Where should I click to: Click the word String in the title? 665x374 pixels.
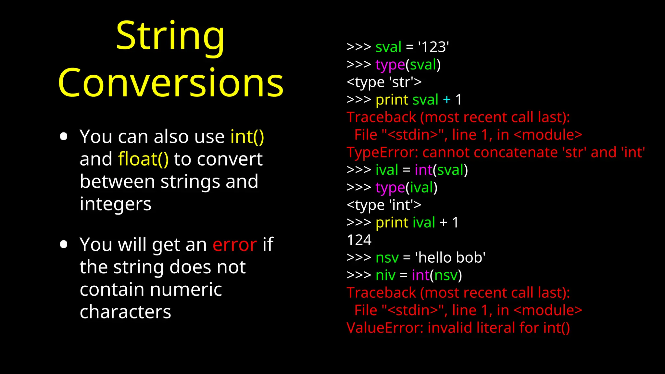tap(170, 36)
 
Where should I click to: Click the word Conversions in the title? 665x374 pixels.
tap(171, 83)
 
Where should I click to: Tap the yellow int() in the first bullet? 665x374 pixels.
tap(247, 137)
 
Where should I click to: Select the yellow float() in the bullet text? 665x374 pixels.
tap(143, 159)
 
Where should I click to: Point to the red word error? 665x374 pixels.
tap(235, 244)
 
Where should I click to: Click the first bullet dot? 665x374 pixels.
tap(64, 136)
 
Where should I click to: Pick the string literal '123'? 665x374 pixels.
tap(433, 47)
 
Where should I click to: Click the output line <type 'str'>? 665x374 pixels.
tap(384, 82)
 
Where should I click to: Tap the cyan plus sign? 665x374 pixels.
tap(447, 100)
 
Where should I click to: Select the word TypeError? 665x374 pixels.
tap(382, 152)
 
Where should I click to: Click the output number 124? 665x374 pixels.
tap(359, 240)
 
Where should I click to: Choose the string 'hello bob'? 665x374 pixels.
tap(450, 258)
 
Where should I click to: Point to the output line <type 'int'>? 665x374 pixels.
tap(384, 205)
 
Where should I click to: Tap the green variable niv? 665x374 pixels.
tap(385, 275)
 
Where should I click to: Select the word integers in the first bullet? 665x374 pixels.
tap(116, 204)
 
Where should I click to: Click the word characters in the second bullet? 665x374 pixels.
tap(125, 312)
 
